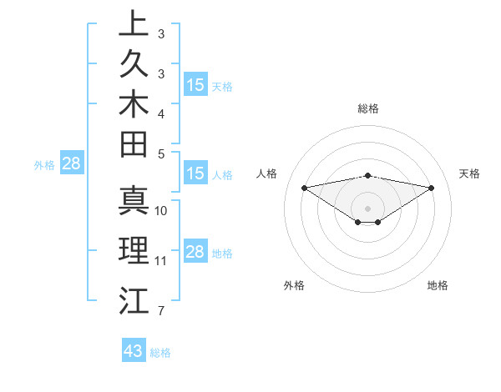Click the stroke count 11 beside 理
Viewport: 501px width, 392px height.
(161, 261)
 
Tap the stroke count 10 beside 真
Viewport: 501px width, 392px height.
(161, 211)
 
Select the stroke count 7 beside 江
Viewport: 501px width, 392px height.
(160, 312)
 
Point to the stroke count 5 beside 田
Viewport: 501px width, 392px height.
(160, 153)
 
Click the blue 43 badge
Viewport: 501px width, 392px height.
(134, 351)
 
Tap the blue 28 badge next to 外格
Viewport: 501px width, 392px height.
(71, 163)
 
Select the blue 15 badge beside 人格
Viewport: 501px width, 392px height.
(195, 174)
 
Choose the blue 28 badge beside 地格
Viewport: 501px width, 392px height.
(195, 252)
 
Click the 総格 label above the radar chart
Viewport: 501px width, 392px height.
(368, 108)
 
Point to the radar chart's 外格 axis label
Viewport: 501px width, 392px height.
(294, 286)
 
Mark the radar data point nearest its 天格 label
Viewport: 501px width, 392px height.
(432, 187)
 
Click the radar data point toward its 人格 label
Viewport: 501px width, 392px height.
(304, 187)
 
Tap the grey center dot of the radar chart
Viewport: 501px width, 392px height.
(368, 208)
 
